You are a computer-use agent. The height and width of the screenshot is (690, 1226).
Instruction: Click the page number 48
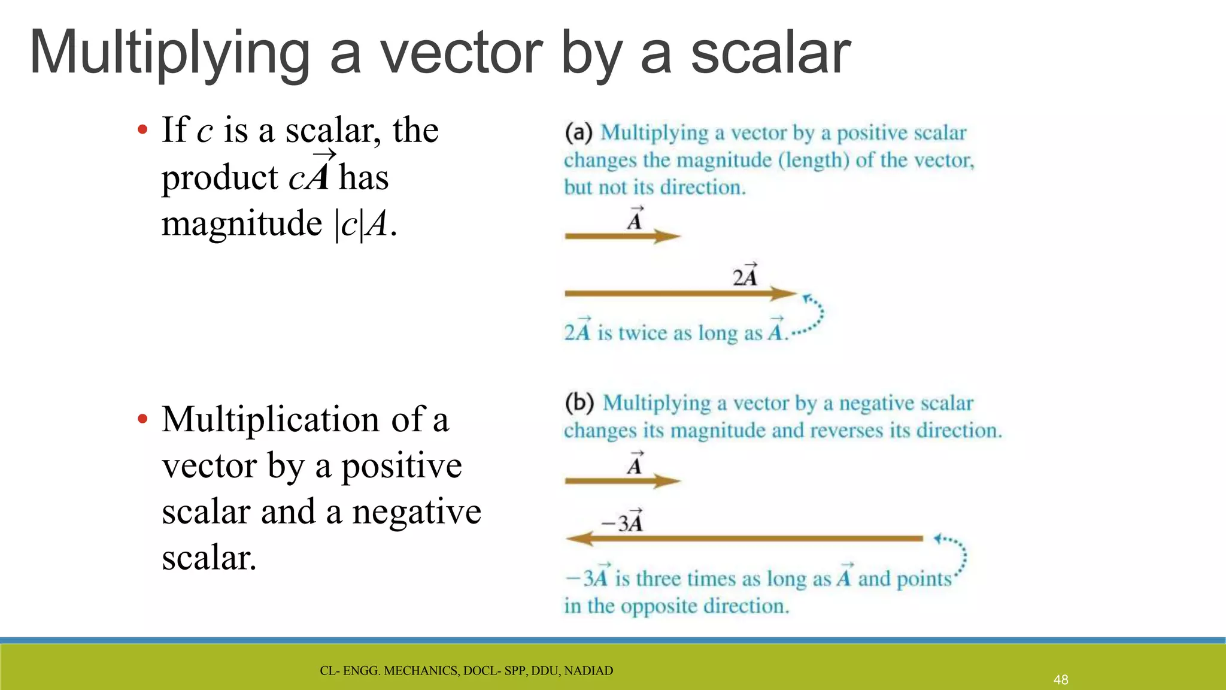pyautogui.click(x=1061, y=680)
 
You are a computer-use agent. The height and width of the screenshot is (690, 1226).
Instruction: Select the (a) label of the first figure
pyautogui.click(x=578, y=132)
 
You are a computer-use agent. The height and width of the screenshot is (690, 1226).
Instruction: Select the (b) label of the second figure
pyautogui.click(x=579, y=402)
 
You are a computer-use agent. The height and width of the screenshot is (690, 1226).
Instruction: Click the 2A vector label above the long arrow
pyautogui.click(x=745, y=276)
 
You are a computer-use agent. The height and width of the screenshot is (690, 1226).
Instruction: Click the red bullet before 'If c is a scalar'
pyautogui.click(x=142, y=130)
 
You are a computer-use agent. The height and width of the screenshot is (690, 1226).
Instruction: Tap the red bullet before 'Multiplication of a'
pyautogui.click(x=142, y=419)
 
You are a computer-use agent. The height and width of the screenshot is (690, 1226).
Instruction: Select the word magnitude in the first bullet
pyautogui.click(x=242, y=224)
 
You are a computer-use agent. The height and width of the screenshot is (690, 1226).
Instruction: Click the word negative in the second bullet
pyautogui.click(x=417, y=512)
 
